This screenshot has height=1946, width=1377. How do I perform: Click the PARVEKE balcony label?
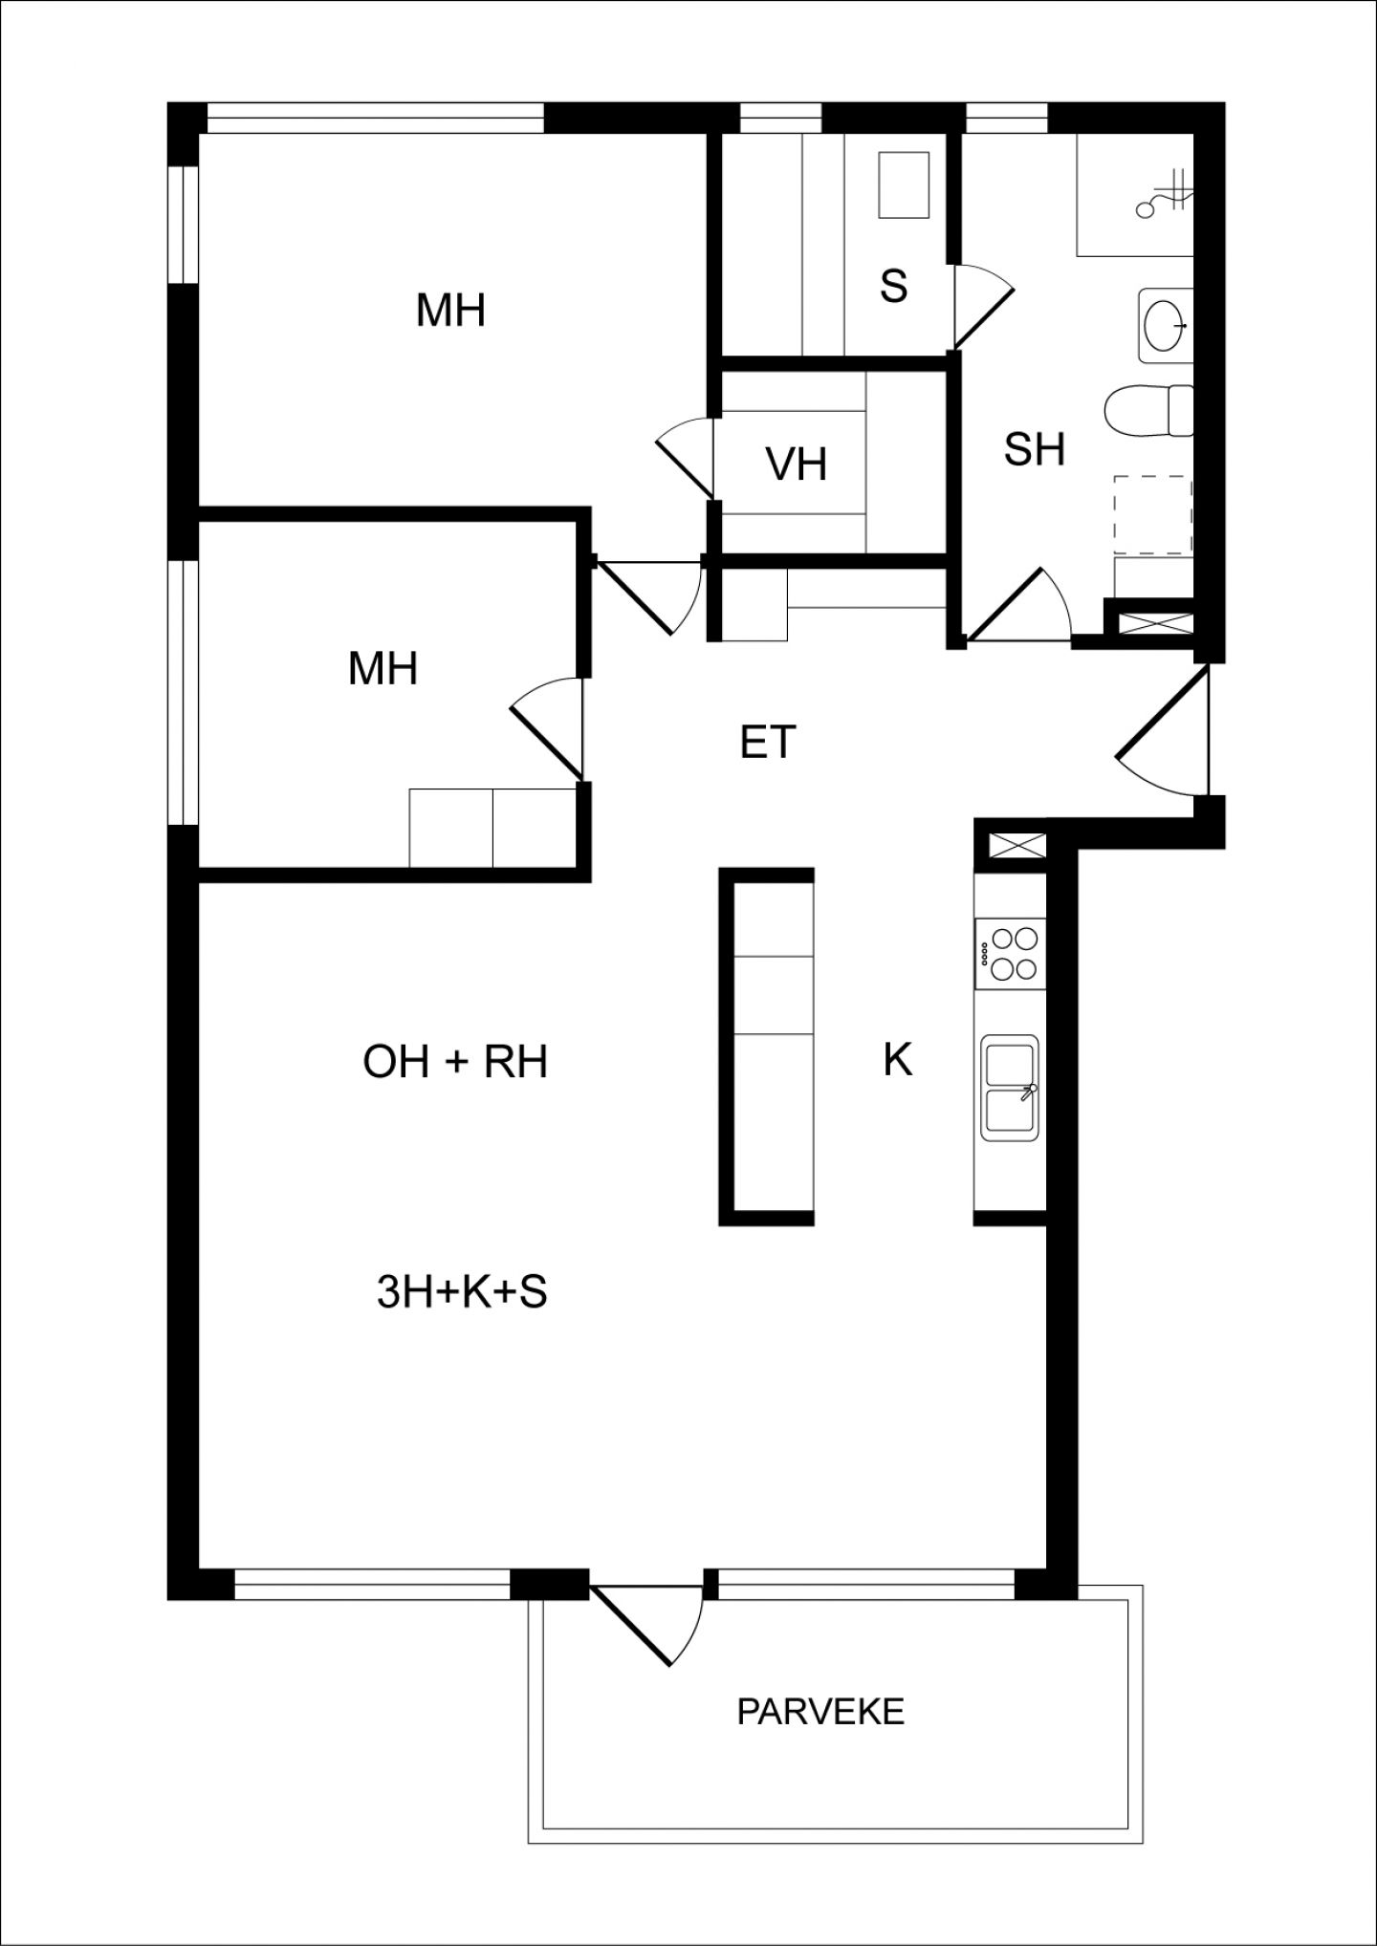820,1711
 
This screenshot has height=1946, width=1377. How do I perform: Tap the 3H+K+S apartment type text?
462,1292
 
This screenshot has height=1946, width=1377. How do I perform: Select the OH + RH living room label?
455,1062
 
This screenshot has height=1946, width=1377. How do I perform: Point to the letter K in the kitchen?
897,1059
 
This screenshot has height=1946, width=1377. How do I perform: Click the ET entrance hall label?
768,742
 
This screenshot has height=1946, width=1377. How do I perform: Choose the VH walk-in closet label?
796,465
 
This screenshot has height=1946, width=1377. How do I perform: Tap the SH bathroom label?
1035,449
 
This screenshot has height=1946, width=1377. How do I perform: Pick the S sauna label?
893,285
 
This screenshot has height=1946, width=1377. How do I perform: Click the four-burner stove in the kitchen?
1010,953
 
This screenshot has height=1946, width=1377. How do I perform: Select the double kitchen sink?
1010,1087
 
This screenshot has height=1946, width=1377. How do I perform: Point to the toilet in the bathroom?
1148,411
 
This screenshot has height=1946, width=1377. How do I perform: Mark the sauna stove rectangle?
905,185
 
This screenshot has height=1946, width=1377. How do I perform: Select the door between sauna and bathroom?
982,306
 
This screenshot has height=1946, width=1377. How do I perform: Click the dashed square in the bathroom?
1153,516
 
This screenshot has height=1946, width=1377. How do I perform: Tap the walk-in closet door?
685,459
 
